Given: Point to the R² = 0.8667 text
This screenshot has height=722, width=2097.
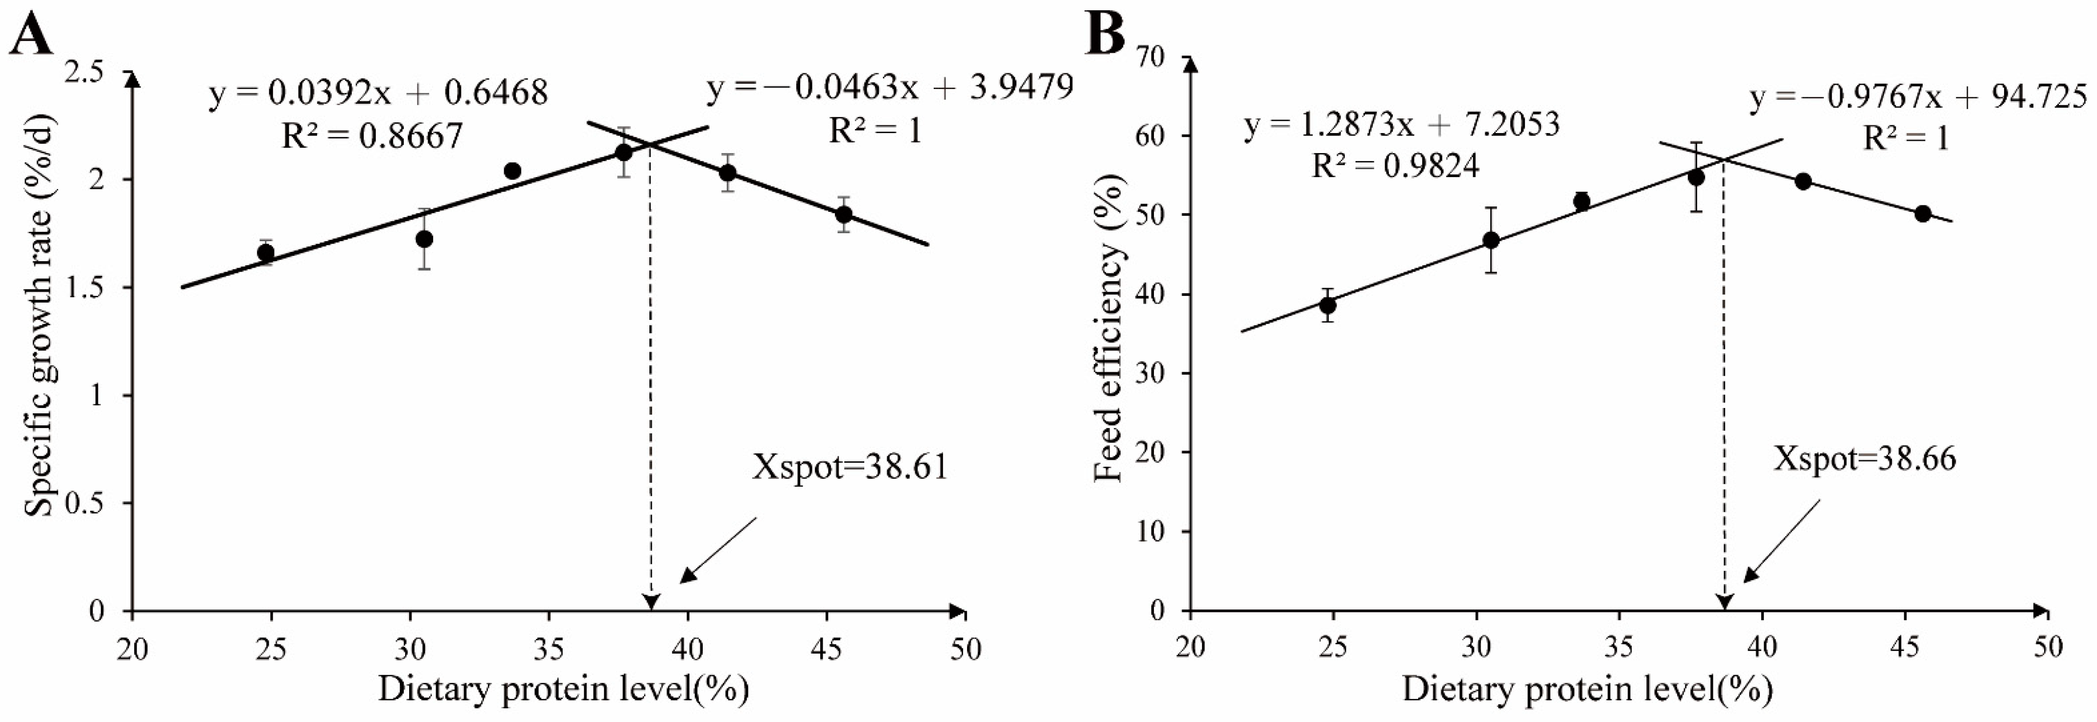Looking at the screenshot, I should [371, 135].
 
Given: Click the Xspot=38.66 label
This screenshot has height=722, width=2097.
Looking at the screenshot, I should [1864, 459].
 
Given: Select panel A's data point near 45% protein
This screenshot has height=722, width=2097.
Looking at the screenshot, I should [844, 214].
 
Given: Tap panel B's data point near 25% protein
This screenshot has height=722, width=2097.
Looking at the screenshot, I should [1328, 305].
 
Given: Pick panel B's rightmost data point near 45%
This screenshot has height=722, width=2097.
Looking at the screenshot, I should [1923, 213].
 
